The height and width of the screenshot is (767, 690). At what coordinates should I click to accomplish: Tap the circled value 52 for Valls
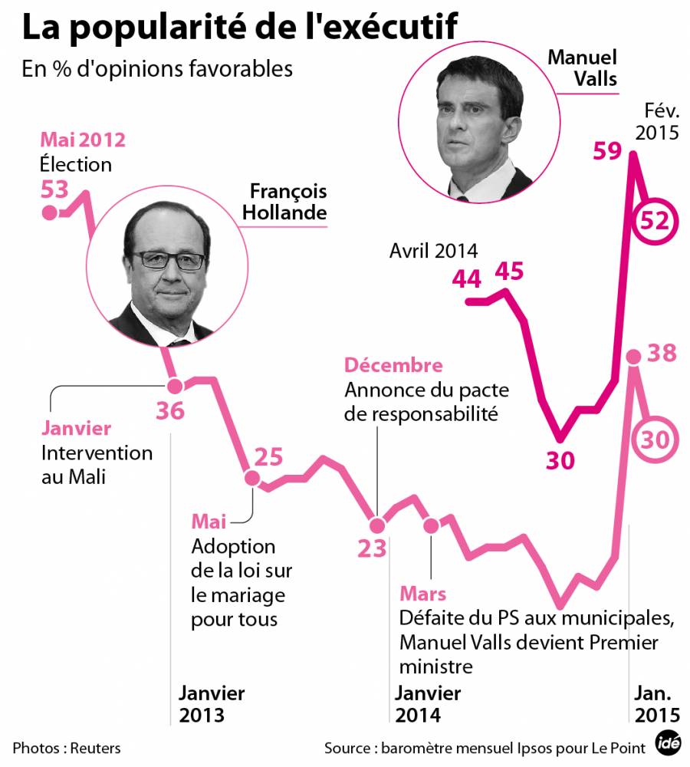coord(655,222)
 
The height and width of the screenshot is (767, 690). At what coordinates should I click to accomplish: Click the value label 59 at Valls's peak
coord(608,151)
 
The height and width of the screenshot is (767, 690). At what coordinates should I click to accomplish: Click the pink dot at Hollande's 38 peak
coord(633,356)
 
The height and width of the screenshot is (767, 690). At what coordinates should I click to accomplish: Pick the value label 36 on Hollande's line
coord(170,411)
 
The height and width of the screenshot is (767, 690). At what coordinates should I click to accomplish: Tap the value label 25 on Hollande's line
coord(268,457)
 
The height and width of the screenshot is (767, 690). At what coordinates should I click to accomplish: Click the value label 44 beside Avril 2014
coord(466,278)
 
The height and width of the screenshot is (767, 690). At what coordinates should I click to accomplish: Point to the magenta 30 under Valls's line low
coord(560,460)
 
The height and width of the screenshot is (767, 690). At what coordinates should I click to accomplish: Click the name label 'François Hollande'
coord(284,202)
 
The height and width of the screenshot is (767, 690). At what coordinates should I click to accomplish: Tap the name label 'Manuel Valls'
coord(583,68)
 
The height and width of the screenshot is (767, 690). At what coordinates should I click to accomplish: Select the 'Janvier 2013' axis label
coord(212,704)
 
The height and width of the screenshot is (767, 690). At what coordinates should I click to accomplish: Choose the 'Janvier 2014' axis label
coord(428,704)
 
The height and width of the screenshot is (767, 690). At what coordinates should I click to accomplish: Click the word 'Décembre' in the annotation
coord(393,366)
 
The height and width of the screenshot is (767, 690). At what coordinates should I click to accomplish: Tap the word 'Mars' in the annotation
coord(422,594)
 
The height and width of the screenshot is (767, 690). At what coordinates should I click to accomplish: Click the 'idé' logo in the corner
coord(668,744)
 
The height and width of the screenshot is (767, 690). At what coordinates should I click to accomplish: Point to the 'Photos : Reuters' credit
coord(67,747)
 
